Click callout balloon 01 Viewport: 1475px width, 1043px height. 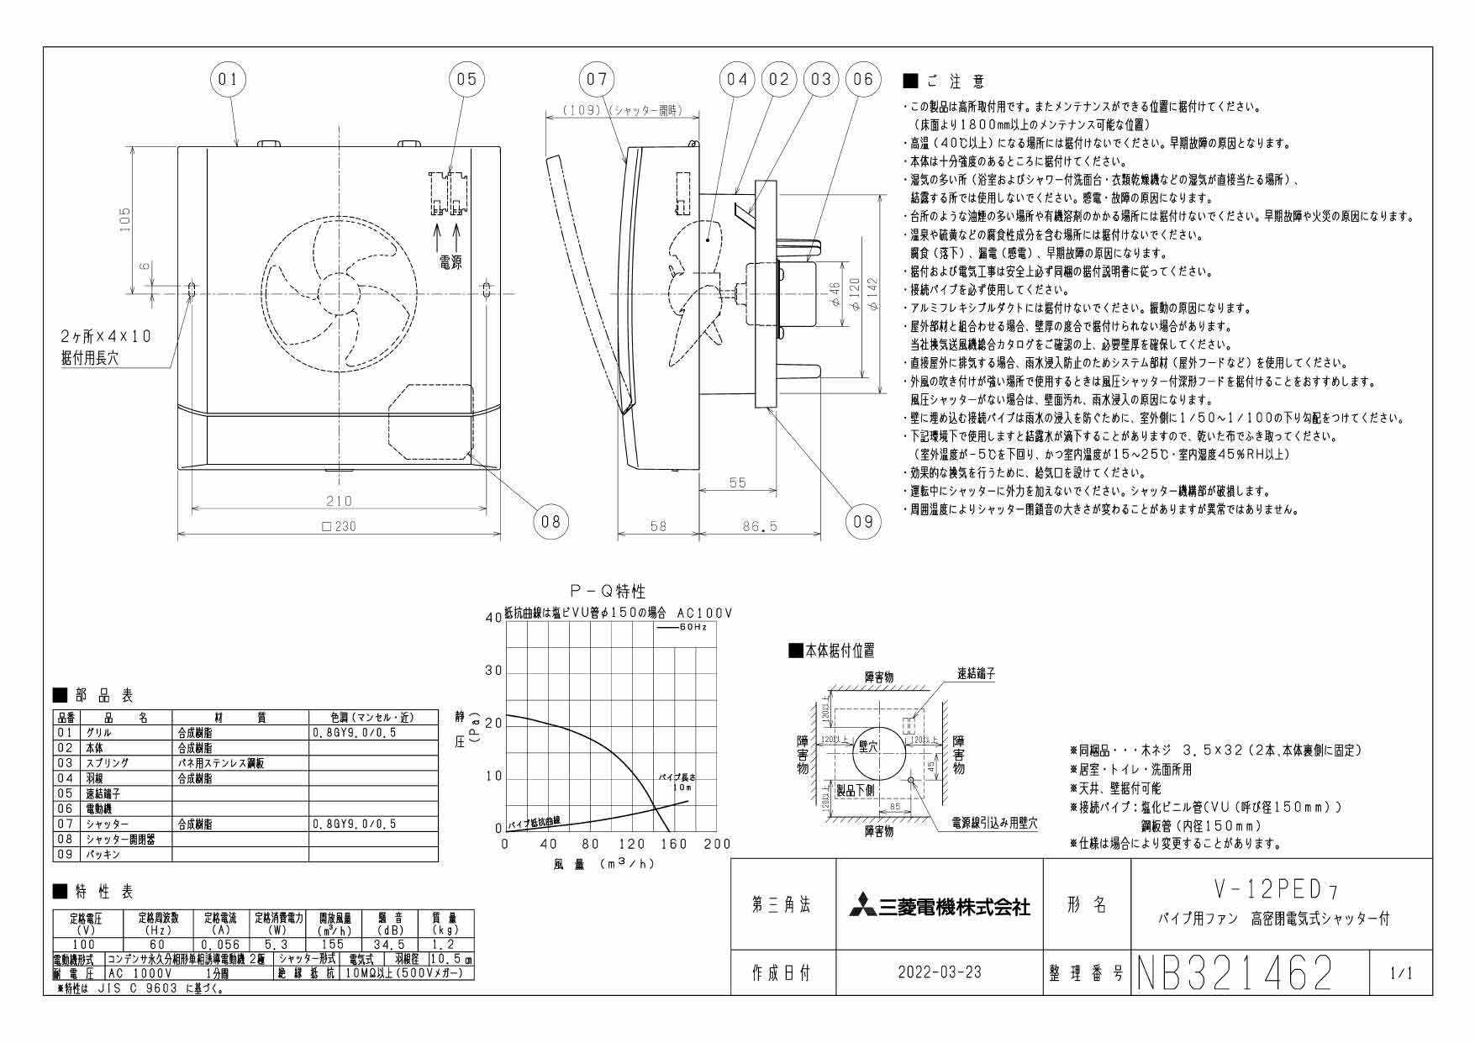(228, 79)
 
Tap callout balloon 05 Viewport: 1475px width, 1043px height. (466, 79)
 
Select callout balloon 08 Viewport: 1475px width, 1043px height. (550, 521)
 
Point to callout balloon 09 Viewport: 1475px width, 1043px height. (863, 521)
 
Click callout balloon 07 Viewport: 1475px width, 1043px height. (596, 79)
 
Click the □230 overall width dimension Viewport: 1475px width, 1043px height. (339, 527)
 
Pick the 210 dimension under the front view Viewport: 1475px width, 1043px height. (339, 501)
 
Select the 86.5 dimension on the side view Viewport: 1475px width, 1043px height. (760, 526)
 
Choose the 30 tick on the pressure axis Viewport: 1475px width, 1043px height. (493, 672)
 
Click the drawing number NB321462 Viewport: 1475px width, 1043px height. (1235, 973)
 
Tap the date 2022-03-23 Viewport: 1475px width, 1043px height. (939, 973)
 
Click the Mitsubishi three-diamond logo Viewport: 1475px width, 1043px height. (858, 907)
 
